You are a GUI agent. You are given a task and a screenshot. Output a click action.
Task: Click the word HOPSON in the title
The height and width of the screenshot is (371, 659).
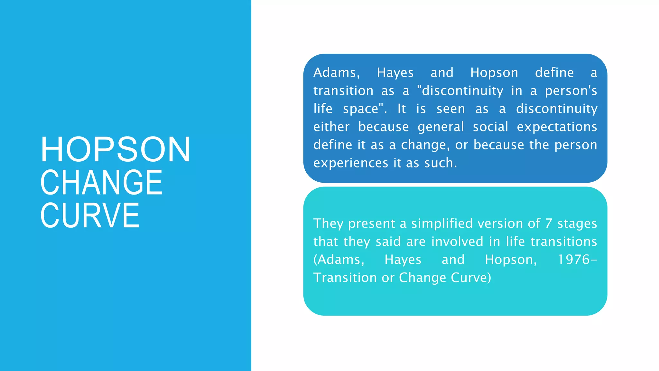click(115, 149)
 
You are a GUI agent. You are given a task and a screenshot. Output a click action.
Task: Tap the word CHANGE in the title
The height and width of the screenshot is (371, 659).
click(101, 183)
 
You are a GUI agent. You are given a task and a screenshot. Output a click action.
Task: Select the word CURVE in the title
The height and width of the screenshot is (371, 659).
click(90, 215)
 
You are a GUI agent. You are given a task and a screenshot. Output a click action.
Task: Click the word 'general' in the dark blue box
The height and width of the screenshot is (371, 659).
click(441, 127)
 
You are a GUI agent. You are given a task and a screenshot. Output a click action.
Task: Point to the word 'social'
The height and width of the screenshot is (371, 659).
click(490, 127)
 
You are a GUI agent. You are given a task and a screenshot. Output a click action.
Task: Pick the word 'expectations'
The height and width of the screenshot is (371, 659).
click(557, 127)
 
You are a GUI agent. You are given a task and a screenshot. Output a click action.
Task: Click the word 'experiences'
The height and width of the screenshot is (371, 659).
click(351, 163)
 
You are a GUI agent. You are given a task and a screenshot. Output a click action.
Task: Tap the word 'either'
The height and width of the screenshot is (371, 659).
click(331, 127)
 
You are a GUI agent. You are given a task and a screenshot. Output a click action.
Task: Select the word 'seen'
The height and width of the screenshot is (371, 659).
click(450, 109)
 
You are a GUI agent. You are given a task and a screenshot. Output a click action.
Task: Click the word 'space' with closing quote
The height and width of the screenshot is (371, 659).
click(365, 109)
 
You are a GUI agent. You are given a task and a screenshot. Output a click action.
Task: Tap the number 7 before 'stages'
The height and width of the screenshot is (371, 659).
click(549, 224)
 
